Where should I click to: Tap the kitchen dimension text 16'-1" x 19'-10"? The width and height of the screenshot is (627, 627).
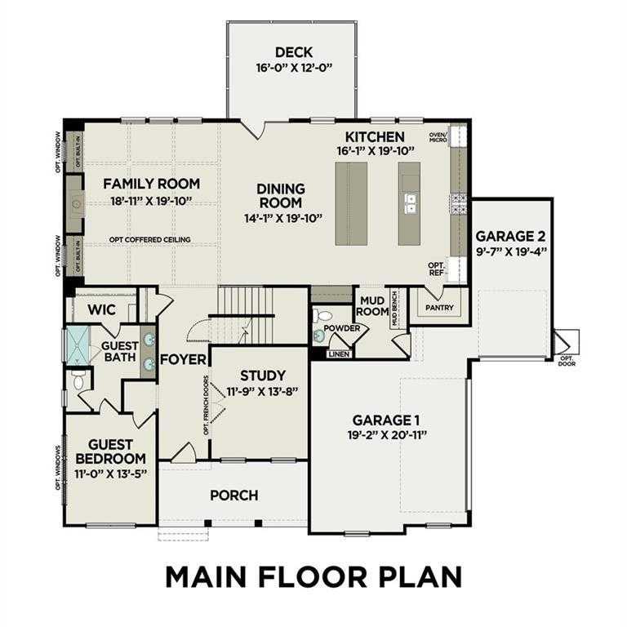(375, 152)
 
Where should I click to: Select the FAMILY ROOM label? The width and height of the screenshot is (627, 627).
(151, 184)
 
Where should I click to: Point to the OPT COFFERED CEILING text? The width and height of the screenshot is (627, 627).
(150, 239)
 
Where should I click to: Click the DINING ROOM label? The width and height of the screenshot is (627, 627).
(280, 195)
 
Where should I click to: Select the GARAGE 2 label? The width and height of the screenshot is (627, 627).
(511, 236)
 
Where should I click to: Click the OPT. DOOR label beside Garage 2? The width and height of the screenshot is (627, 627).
(567, 362)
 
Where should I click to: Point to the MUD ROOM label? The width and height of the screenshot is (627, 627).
(372, 305)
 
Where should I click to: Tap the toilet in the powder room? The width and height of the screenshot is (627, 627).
(323, 317)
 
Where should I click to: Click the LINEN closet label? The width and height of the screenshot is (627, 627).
(338, 354)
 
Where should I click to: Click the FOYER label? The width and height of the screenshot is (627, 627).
(180, 359)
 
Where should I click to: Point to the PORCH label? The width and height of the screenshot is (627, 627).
(233, 495)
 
